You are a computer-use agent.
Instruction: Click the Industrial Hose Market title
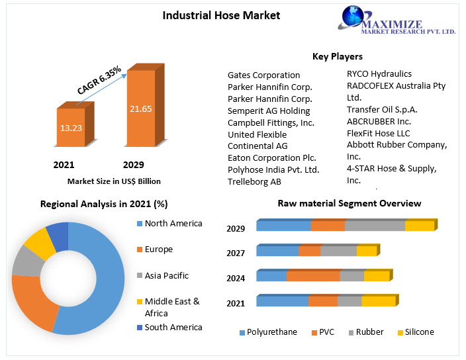click(221, 15)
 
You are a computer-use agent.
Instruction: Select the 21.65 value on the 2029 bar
click(141, 109)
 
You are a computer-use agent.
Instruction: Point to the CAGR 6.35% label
click(99, 80)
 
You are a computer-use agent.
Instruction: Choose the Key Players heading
click(337, 57)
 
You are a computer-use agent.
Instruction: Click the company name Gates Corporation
click(263, 75)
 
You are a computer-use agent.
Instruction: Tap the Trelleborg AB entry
click(254, 181)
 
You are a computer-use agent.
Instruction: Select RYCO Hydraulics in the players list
click(379, 74)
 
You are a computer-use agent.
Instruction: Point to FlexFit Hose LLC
click(379, 134)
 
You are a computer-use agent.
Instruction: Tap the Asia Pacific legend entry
click(166, 275)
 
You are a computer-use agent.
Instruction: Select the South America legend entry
click(173, 327)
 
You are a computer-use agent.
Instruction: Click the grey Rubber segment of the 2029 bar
click(375, 226)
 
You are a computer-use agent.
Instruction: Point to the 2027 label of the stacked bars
click(236, 253)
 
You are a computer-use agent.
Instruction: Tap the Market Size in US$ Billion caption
click(114, 181)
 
